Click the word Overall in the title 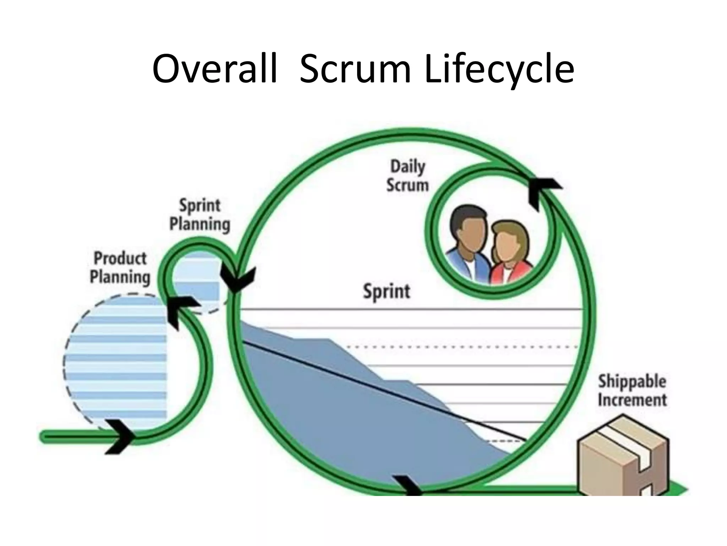tap(214, 69)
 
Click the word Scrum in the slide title tap(355, 69)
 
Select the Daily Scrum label tap(408, 176)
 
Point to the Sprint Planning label tap(200, 215)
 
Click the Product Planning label tap(120, 268)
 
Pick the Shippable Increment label tap(632, 390)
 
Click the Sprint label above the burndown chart tap(387, 291)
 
